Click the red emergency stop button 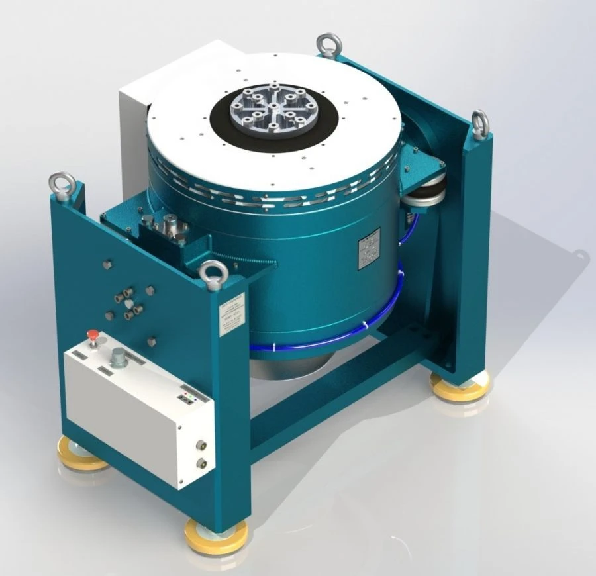[93, 336]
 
